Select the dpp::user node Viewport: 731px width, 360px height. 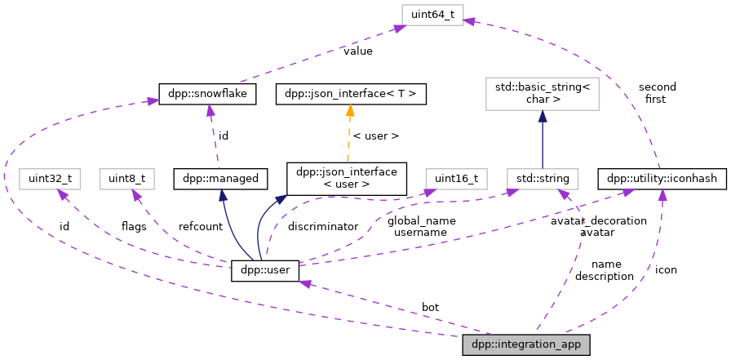pos(266,270)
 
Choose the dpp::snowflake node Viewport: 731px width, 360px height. pos(208,94)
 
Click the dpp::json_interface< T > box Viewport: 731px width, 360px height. pos(351,94)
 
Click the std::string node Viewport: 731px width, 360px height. pos(542,177)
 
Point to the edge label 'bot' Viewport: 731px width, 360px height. pos(430,307)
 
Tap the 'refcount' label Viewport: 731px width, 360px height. pos(200,226)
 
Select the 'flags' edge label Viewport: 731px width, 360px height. pos(134,226)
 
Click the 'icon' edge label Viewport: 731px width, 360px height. pos(666,269)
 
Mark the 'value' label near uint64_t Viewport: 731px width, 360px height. pos(357,51)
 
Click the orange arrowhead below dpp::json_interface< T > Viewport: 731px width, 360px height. pos(351,109)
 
